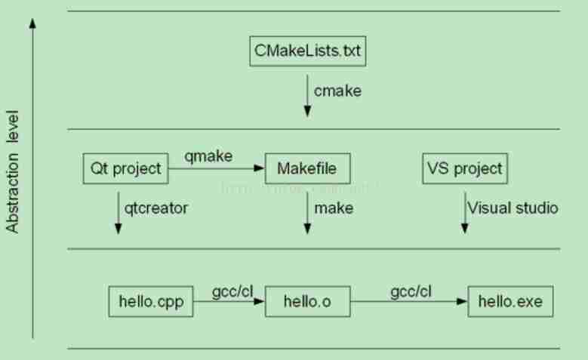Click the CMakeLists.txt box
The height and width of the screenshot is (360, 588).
pyautogui.click(x=307, y=51)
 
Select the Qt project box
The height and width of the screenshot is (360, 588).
pyautogui.click(x=125, y=168)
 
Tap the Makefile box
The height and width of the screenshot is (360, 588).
pyautogui.click(x=307, y=168)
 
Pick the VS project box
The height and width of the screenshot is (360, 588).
pyautogui.click(x=464, y=168)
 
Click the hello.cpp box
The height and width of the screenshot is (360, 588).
pyautogui.click(x=151, y=302)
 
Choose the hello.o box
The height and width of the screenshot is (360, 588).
pyautogui.click(x=307, y=302)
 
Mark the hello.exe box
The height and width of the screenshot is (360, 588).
pyautogui.click(x=510, y=302)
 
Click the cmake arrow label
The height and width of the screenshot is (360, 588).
pyautogui.click(x=338, y=91)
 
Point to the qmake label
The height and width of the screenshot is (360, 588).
pyautogui.click(x=208, y=156)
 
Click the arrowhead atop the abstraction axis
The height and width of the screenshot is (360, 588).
pyautogui.click(x=32, y=24)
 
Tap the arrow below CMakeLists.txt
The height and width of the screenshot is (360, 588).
pyautogui.click(x=307, y=94)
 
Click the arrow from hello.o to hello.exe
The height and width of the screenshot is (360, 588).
pyautogui.click(x=408, y=302)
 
